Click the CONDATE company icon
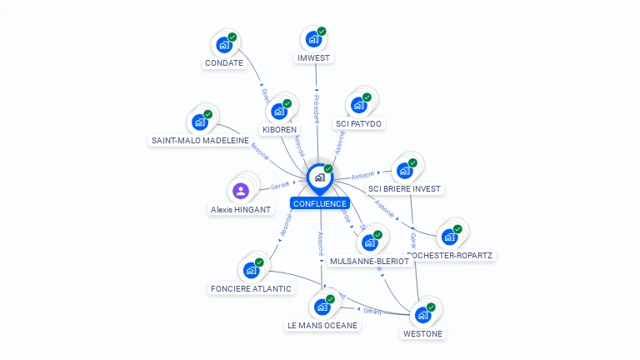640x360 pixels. pyautogui.click(x=224, y=45)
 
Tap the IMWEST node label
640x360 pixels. pyautogui.click(x=314, y=58)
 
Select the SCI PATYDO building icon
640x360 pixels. pyautogui.click(x=359, y=105)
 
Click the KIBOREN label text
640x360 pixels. pyautogui.click(x=279, y=130)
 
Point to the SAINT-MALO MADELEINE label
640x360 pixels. pyautogui.click(x=200, y=141)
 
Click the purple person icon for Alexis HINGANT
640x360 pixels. pyautogui.click(x=241, y=191)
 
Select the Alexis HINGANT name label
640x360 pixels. pyautogui.click(x=241, y=210)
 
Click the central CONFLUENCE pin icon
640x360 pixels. pyautogui.click(x=320, y=177)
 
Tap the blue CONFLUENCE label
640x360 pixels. pyautogui.click(x=320, y=203)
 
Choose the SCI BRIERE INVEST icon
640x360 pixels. pyautogui.click(x=405, y=171)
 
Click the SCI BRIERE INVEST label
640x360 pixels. pyautogui.click(x=405, y=189)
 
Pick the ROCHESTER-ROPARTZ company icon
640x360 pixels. pyautogui.click(x=451, y=237)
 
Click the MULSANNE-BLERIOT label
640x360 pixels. pyautogui.click(x=370, y=261)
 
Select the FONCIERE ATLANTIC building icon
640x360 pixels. pyautogui.click(x=251, y=270)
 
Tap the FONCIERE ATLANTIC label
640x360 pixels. pyautogui.click(x=251, y=289)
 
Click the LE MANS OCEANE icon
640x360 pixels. pyautogui.click(x=322, y=307)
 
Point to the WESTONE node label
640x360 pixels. pyautogui.click(x=423, y=334)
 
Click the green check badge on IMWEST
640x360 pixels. pyautogui.click(x=322, y=32)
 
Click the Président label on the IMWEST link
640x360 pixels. pyautogui.click(x=316, y=109)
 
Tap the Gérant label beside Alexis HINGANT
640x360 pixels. pyautogui.click(x=279, y=186)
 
